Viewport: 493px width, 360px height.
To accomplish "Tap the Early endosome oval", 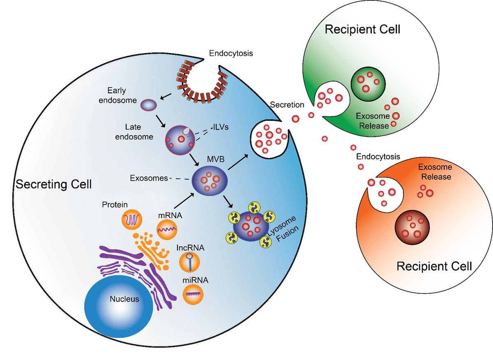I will coord(149,105).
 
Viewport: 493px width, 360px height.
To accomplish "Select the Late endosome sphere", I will coord(180,139).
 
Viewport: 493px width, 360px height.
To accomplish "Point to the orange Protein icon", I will coord(132,220).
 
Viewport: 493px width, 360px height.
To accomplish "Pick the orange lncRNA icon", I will coord(190,261).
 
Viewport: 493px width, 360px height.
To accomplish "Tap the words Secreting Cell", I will coord(53,185).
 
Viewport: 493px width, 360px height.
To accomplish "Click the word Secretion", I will coord(287,105).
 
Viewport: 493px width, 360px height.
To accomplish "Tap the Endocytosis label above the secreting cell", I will coord(231,53).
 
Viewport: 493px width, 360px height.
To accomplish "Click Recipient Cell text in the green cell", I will coord(362,30).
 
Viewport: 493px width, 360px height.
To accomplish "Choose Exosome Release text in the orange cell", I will coord(435,172).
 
